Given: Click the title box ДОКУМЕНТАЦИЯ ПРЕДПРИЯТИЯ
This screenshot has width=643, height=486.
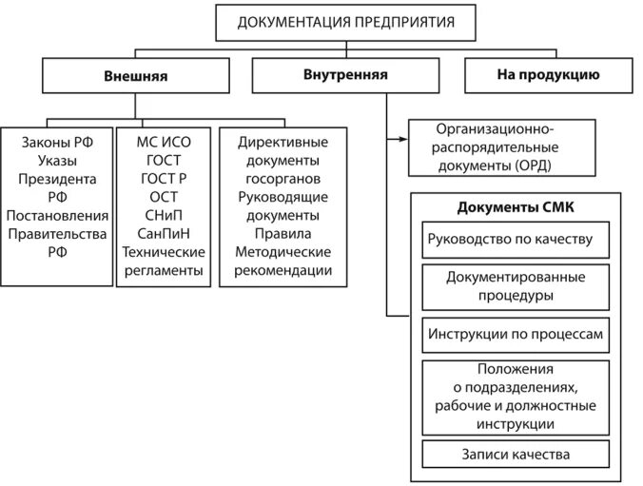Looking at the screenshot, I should click(344, 22).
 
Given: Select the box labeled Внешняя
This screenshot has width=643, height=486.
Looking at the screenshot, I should click(134, 76).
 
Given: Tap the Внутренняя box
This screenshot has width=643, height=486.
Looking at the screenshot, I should click(344, 74).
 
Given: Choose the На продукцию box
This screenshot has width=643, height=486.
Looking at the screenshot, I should click(547, 74).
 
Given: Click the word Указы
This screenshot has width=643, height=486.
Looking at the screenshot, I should click(57, 160).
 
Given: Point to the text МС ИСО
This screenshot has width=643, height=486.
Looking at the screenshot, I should click(165, 142).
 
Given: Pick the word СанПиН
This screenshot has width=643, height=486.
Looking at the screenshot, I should click(165, 233).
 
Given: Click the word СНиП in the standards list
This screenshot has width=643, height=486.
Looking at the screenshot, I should click(165, 215).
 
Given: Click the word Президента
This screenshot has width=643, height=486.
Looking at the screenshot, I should click(57, 178).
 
